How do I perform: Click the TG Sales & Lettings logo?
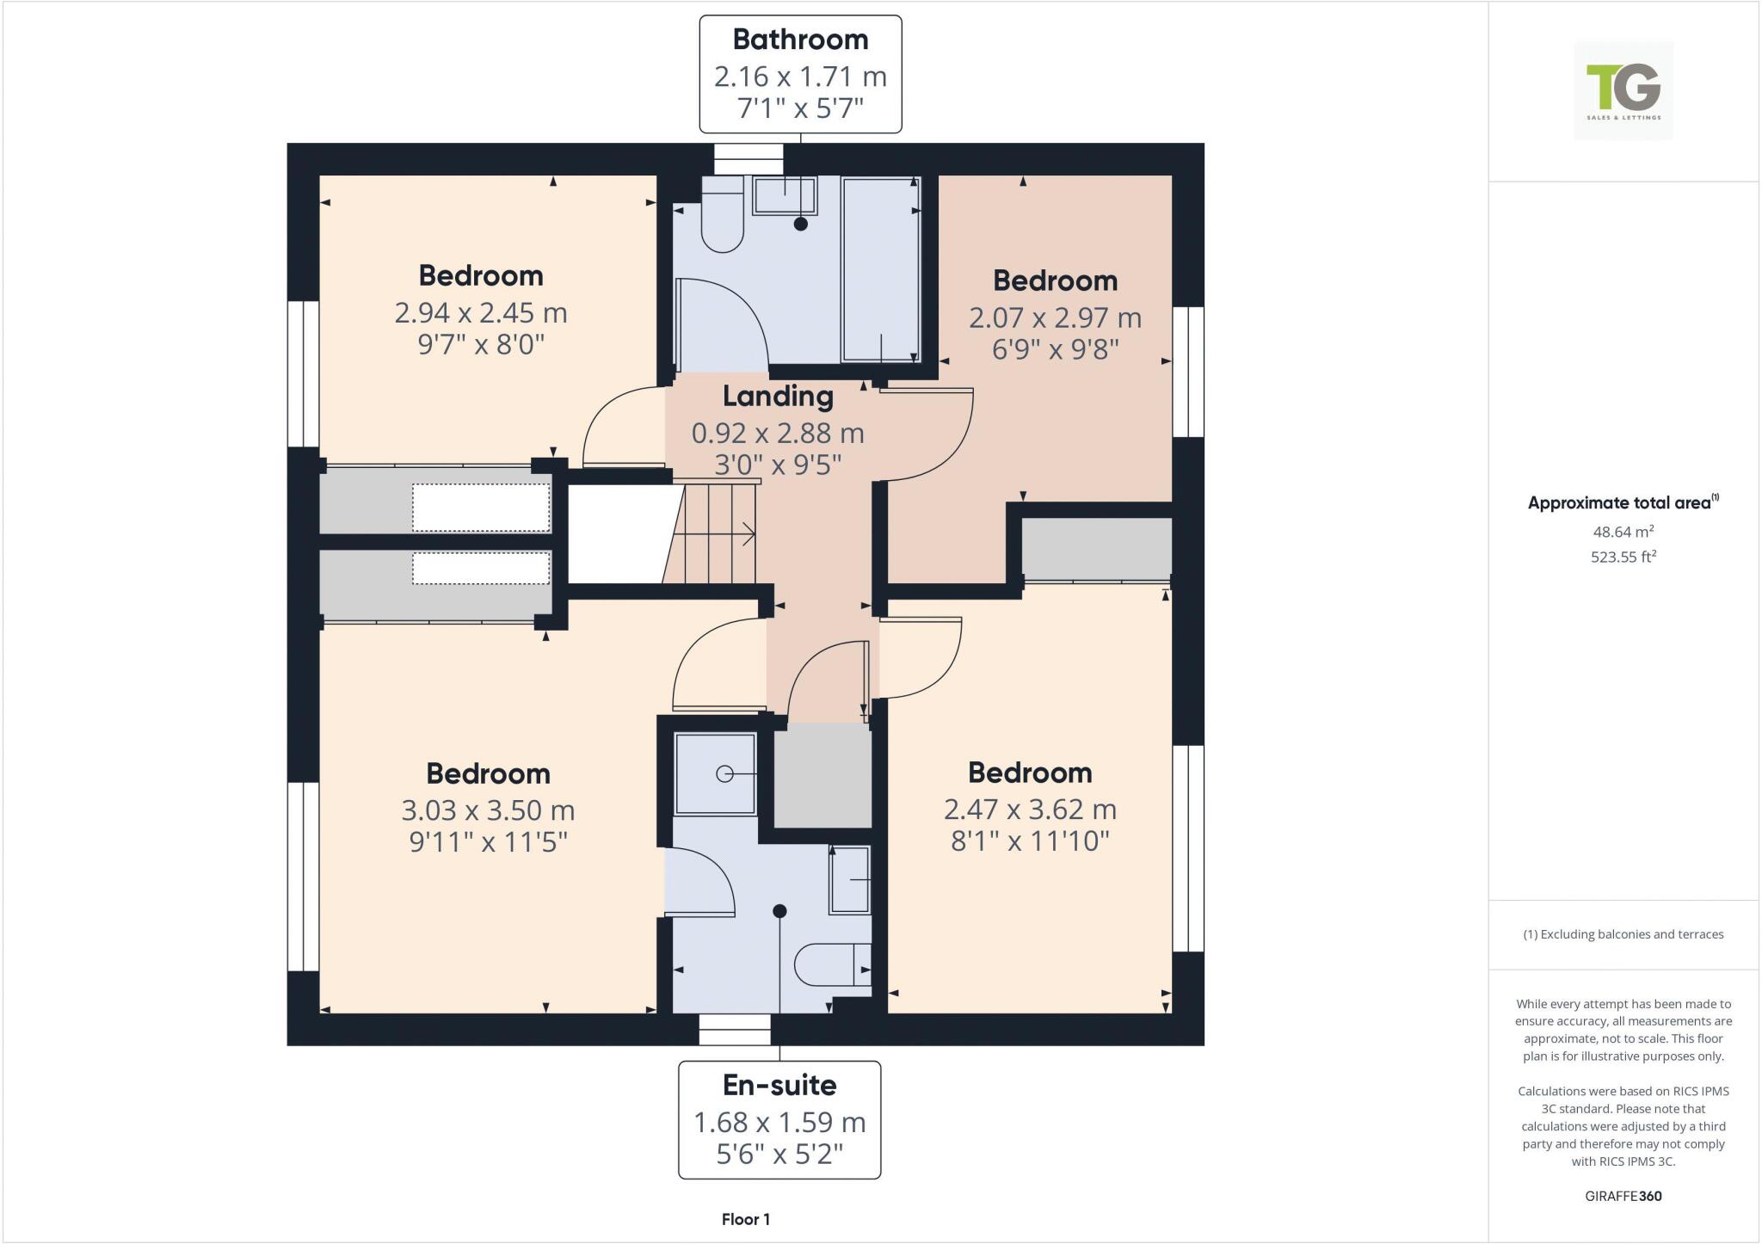[1623, 89]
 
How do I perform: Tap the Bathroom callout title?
[800, 40]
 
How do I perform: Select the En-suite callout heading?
[779, 1085]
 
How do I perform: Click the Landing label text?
[778, 396]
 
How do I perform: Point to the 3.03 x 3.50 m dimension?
[488, 810]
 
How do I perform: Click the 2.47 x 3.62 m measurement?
[1030, 809]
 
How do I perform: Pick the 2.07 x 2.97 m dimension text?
[1055, 317]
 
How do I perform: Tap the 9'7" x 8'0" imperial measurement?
[481, 344]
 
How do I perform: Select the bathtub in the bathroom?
[880, 268]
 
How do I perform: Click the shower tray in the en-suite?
[715, 773]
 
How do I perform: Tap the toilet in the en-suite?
[830, 964]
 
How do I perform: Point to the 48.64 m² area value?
[1623, 532]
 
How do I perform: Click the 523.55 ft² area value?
[1623, 557]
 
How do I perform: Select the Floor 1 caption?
[745, 1219]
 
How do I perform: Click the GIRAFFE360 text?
[1623, 1196]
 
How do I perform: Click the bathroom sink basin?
[785, 195]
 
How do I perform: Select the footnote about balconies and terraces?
[1623, 934]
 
